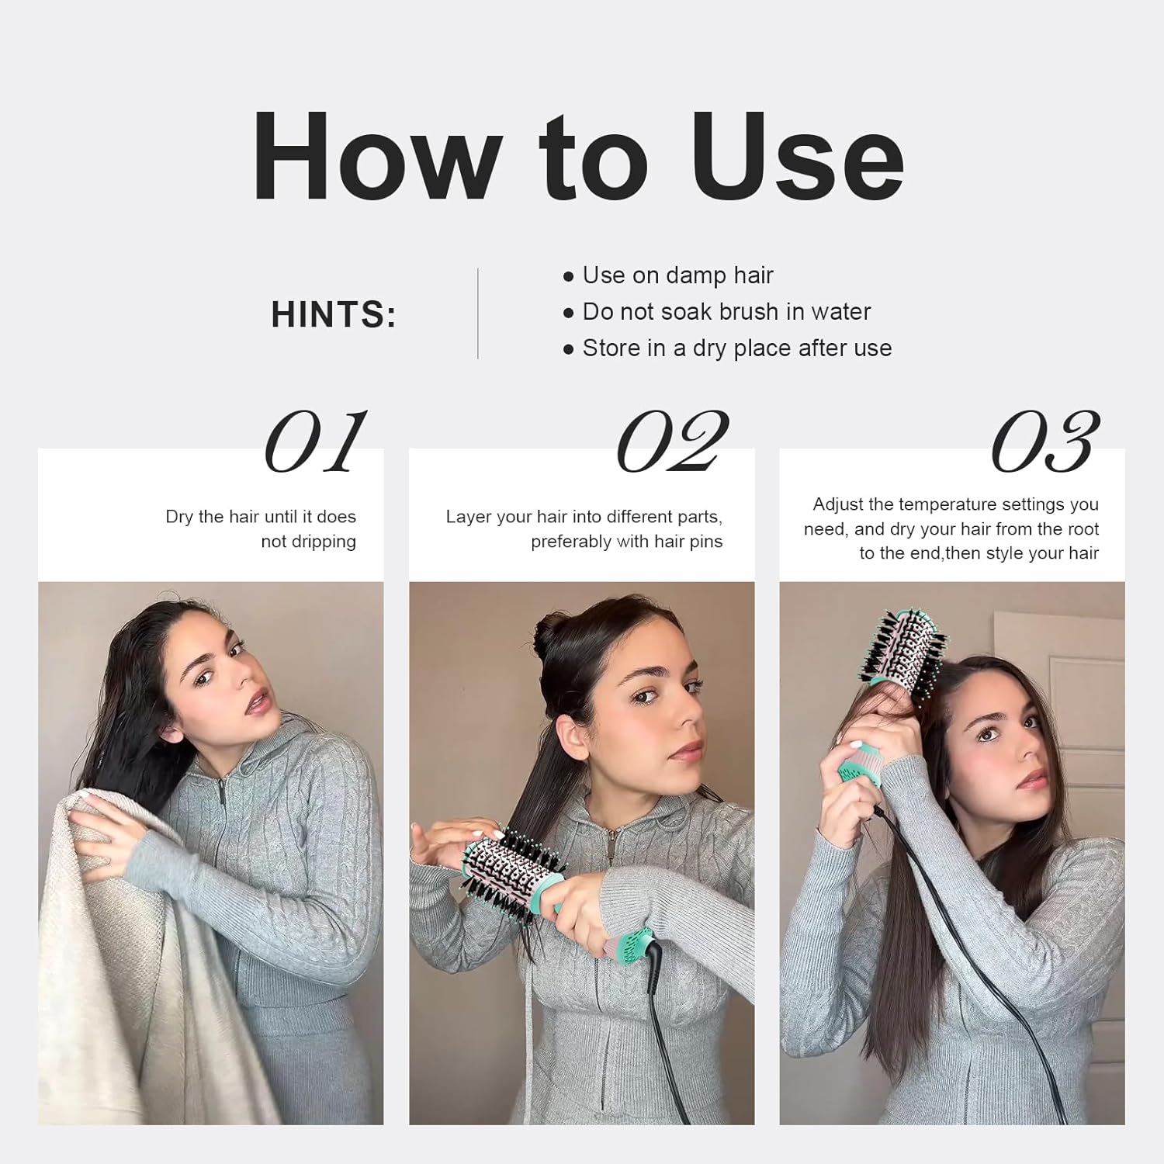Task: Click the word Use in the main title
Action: click(x=798, y=157)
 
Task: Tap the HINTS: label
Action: click(x=334, y=314)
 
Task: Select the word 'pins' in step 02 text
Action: click(x=705, y=542)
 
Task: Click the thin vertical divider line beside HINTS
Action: click(x=477, y=314)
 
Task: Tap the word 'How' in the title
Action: click(x=376, y=157)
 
